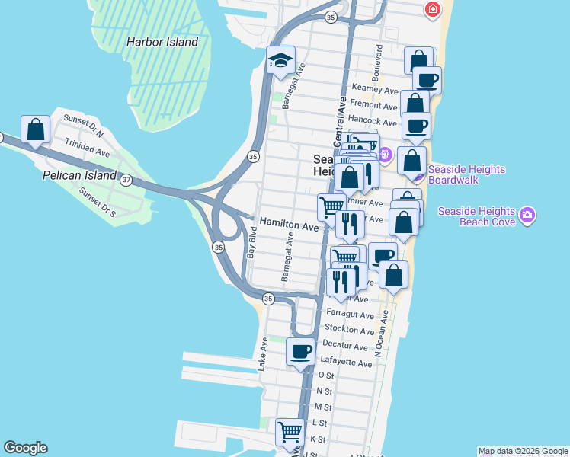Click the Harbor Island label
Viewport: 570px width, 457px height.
point(162,43)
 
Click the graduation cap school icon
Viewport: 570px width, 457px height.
point(280,61)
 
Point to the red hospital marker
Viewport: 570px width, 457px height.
point(432,9)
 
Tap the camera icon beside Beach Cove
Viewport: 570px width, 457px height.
point(527,216)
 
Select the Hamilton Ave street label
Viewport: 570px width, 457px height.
point(289,226)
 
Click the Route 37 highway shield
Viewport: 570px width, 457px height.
point(126,178)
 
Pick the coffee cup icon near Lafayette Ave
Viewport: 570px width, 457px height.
point(300,351)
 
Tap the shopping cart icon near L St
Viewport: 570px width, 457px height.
point(290,432)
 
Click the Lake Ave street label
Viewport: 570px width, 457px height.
point(262,354)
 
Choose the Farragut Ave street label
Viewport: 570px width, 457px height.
point(350,315)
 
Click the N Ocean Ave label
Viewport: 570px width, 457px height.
point(386,335)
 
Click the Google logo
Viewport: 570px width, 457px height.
point(25,448)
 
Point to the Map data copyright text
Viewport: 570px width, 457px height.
point(523,451)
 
